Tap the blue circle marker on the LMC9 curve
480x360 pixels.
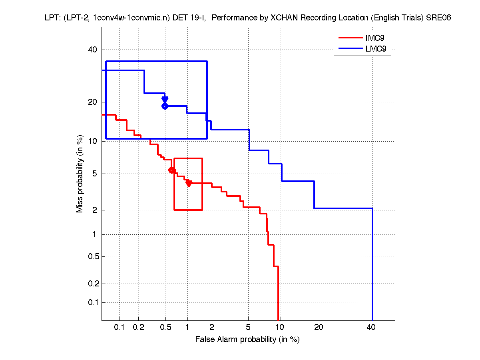(x=165, y=106)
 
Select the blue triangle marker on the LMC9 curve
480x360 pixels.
(x=165, y=99)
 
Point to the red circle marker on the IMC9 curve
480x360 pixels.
(x=172, y=170)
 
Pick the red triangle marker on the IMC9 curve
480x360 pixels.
(x=189, y=183)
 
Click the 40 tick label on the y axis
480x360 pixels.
(x=92, y=50)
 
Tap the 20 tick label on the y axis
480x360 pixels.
(x=92, y=102)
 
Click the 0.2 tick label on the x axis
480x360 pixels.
(x=138, y=327)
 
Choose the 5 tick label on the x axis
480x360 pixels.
(x=248, y=327)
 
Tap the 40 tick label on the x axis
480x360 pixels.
(x=371, y=327)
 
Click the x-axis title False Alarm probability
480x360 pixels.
(x=247, y=340)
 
